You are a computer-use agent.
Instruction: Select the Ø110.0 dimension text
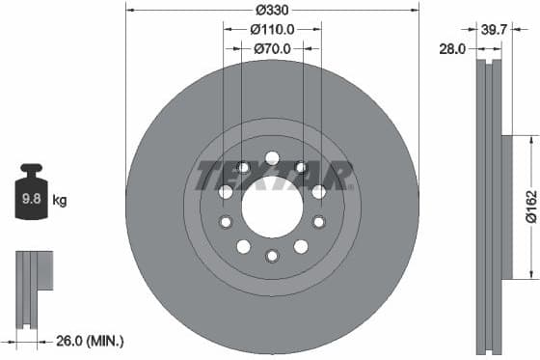click(x=272, y=30)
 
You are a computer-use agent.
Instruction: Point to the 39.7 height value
click(x=494, y=30)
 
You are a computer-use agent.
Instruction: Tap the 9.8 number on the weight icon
click(x=32, y=202)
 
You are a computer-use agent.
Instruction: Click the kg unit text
click(x=60, y=202)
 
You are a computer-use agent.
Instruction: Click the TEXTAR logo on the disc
click(x=272, y=176)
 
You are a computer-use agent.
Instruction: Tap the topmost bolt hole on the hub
click(x=272, y=156)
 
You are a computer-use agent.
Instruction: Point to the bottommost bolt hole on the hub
click(x=272, y=255)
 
